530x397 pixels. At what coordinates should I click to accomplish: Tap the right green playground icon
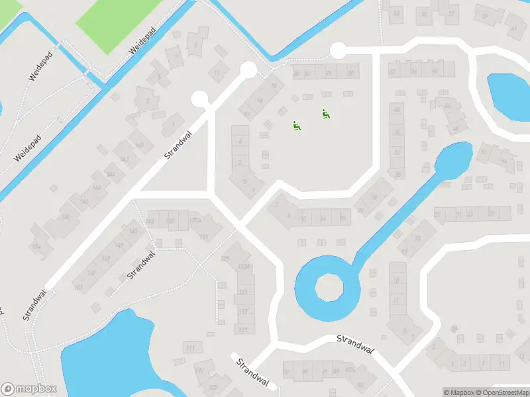[x=325, y=114]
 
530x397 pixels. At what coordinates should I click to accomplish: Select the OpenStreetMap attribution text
[x=502, y=392]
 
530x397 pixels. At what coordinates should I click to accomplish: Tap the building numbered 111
[x=191, y=347]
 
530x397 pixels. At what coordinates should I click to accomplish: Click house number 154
[x=36, y=247]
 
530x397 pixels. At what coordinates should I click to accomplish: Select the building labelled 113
[x=244, y=330]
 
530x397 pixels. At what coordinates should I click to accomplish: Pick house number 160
[x=139, y=145]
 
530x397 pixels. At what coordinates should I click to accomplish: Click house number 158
[x=66, y=216]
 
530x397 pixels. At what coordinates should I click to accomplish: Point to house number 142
[x=124, y=160]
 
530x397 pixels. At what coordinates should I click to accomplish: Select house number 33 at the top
[x=397, y=13]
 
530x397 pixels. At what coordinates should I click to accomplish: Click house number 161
[x=79, y=287]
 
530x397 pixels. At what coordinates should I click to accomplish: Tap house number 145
[x=134, y=231]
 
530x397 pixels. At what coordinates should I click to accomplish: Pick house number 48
[x=455, y=128]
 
